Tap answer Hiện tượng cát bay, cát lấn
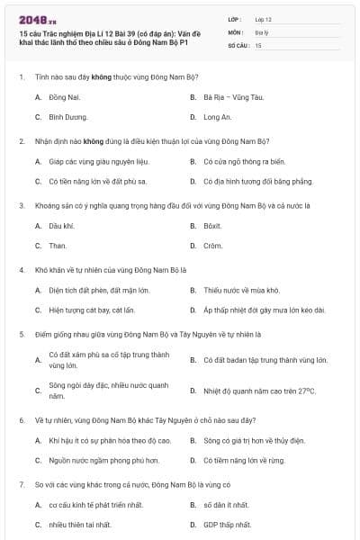click(92, 310)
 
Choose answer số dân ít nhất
click(225, 504)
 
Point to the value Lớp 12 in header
click(263, 18)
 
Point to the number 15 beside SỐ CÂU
click(258, 44)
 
